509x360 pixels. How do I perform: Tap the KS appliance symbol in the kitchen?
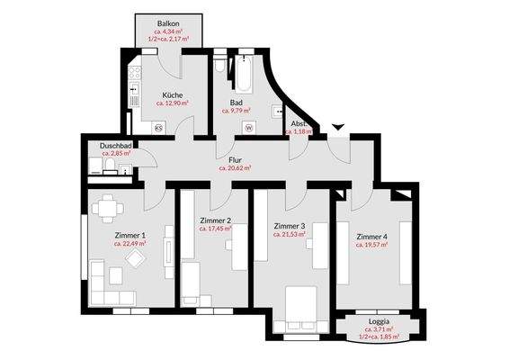coord(158,127)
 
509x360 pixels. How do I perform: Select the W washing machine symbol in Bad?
coord(248,127)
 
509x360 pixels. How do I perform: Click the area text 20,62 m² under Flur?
coord(235,167)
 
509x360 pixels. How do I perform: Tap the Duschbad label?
coord(116,145)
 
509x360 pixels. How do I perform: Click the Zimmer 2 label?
coord(216,220)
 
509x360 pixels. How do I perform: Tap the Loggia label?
coord(378,320)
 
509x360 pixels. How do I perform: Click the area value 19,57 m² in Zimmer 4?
coord(371,245)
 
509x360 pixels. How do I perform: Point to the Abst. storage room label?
coord(299,122)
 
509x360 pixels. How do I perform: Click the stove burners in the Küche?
coord(135,73)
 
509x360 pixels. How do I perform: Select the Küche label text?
coord(173,94)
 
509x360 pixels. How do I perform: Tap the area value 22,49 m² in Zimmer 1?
coord(130,244)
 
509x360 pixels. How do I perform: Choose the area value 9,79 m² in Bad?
coord(237,112)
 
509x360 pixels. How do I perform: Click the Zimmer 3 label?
coord(290,226)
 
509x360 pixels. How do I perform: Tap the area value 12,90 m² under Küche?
coord(173,103)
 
